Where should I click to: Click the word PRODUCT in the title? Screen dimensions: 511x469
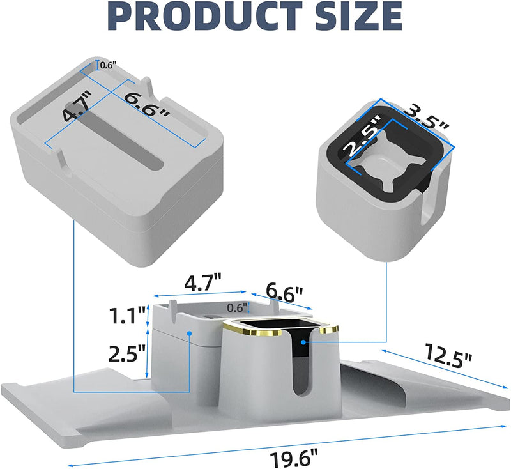[205, 15]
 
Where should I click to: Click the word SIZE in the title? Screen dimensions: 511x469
[359, 15]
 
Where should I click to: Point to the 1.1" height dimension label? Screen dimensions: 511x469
[127, 316]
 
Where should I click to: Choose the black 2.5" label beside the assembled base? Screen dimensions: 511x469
[126, 353]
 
